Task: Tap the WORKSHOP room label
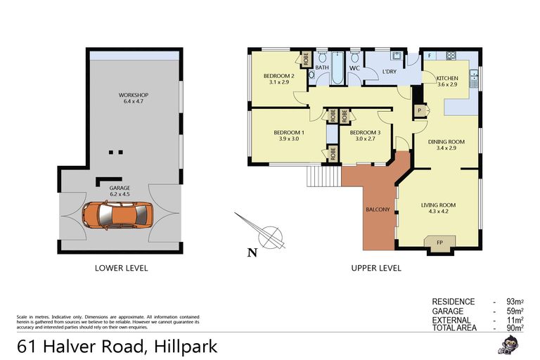133,99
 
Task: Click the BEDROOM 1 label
289,136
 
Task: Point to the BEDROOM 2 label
278,79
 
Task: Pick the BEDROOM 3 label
364,136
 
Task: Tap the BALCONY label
378,210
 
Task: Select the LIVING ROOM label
439,208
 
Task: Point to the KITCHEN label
447,81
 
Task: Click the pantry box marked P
420,110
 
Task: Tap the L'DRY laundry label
390,72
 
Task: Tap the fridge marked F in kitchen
429,55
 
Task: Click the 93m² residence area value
522,302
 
